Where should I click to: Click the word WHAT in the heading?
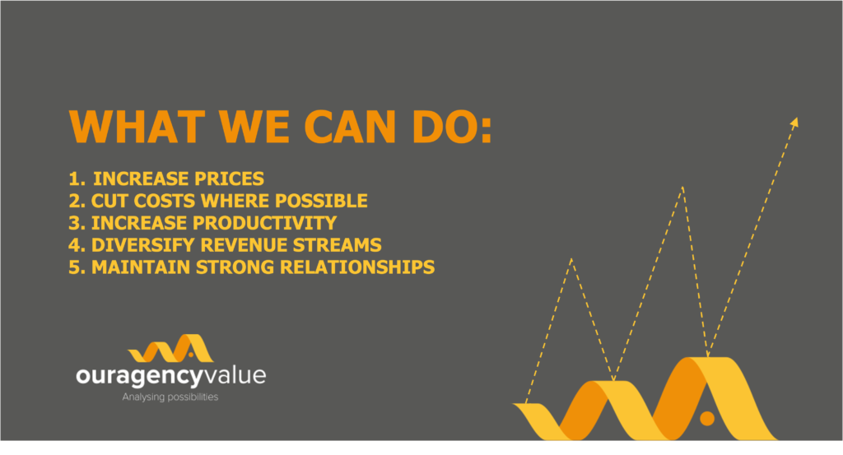[x=137, y=127]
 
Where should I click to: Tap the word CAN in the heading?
[x=350, y=127]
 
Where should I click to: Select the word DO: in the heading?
[x=452, y=127]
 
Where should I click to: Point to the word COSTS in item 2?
[x=165, y=201]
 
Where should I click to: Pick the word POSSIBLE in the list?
[x=322, y=201]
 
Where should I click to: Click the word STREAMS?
[x=337, y=245]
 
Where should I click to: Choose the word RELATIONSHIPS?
[x=357, y=267]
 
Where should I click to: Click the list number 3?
[x=77, y=223]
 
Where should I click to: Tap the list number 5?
[x=77, y=267]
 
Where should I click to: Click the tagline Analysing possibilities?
[x=170, y=397]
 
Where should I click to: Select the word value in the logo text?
[x=235, y=375]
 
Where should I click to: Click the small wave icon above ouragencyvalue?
[x=170, y=348]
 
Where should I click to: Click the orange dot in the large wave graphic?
[x=707, y=419]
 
